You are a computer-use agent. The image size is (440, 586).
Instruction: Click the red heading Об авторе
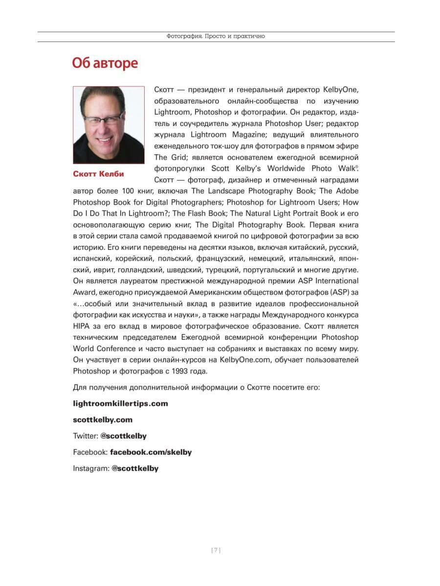(105, 63)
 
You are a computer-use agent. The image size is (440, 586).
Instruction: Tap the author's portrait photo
(109, 125)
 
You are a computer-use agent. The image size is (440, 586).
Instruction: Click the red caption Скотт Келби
(98, 174)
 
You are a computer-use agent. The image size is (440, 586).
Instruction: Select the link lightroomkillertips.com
(120, 403)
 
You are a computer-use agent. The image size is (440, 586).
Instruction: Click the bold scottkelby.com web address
(103, 419)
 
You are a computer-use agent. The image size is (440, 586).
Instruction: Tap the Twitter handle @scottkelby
(123, 436)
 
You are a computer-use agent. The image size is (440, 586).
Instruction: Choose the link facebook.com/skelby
(151, 452)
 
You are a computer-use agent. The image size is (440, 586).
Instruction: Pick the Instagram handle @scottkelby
(135, 468)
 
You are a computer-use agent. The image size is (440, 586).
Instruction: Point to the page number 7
(216, 550)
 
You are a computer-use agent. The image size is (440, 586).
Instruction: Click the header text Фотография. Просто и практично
(216, 36)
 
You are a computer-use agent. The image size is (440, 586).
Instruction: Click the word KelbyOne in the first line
(341, 90)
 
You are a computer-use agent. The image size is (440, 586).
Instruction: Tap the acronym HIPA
(82, 326)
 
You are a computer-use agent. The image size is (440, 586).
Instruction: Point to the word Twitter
(85, 436)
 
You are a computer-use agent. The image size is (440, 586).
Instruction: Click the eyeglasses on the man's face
(103, 119)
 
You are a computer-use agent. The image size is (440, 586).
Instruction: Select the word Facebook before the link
(90, 452)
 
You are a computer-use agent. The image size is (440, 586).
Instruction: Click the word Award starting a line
(84, 293)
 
